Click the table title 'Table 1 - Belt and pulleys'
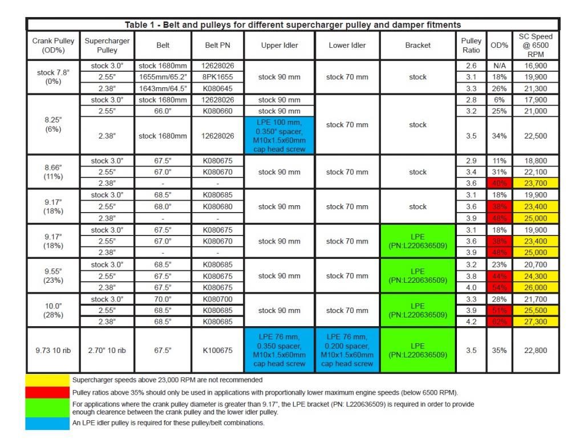tap(293, 25)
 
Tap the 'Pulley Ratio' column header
tap(471, 45)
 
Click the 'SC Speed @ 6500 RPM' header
tap(536, 45)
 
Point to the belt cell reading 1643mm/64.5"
tap(162, 88)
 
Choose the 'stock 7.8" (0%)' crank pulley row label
tap(52, 77)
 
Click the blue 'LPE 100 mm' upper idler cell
tap(279, 136)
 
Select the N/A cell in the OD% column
tap(499, 66)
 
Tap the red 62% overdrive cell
tap(499, 322)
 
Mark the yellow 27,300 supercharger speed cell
tap(536, 322)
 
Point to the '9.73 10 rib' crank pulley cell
tap(52, 350)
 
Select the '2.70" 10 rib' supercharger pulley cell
tap(107, 350)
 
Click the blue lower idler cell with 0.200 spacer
tap(347, 350)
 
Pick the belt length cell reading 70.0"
tap(162, 299)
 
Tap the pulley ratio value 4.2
tap(471, 322)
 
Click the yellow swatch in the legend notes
tap(47, 379)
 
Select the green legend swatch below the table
tap(47, 408)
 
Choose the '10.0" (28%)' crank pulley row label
tap(52, 311)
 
